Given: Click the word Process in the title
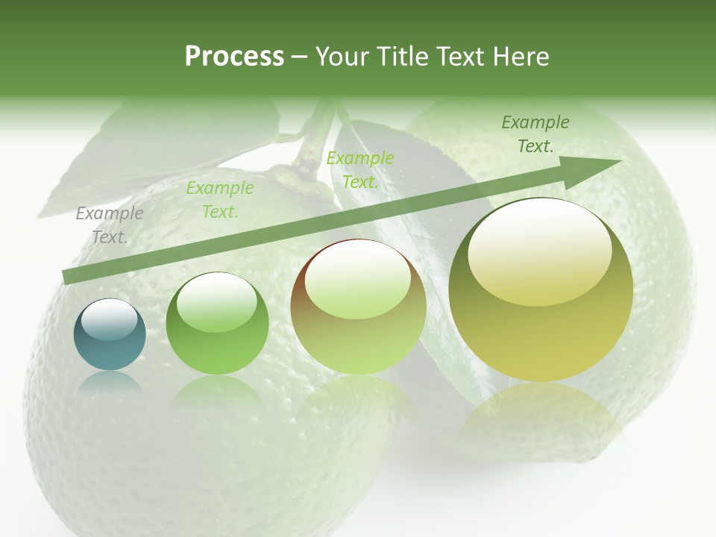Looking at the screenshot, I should coord(234,57).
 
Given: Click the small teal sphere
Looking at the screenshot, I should coord(110,335).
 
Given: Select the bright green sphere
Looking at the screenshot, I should coord(217,324).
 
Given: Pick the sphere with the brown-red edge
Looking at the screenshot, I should coord(358,307).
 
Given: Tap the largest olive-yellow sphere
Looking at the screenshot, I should coord(541,290).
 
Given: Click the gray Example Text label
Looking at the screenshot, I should coord(110,225).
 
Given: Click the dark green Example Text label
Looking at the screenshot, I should coord(536,134).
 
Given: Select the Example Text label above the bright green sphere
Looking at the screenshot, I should coord(219,200).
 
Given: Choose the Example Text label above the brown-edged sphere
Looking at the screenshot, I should coord(359,169).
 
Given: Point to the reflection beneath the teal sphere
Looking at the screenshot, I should coord(110,385).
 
